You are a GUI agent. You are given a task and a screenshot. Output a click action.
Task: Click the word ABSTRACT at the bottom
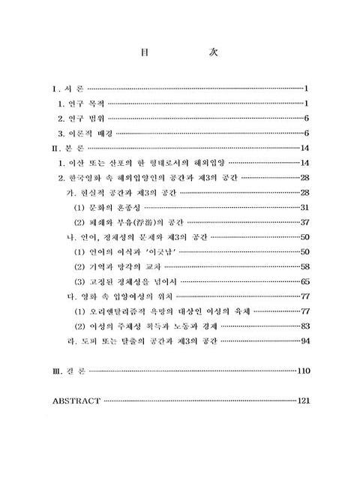pos(76,401)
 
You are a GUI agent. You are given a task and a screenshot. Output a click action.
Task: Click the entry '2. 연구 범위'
pos(84,119)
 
